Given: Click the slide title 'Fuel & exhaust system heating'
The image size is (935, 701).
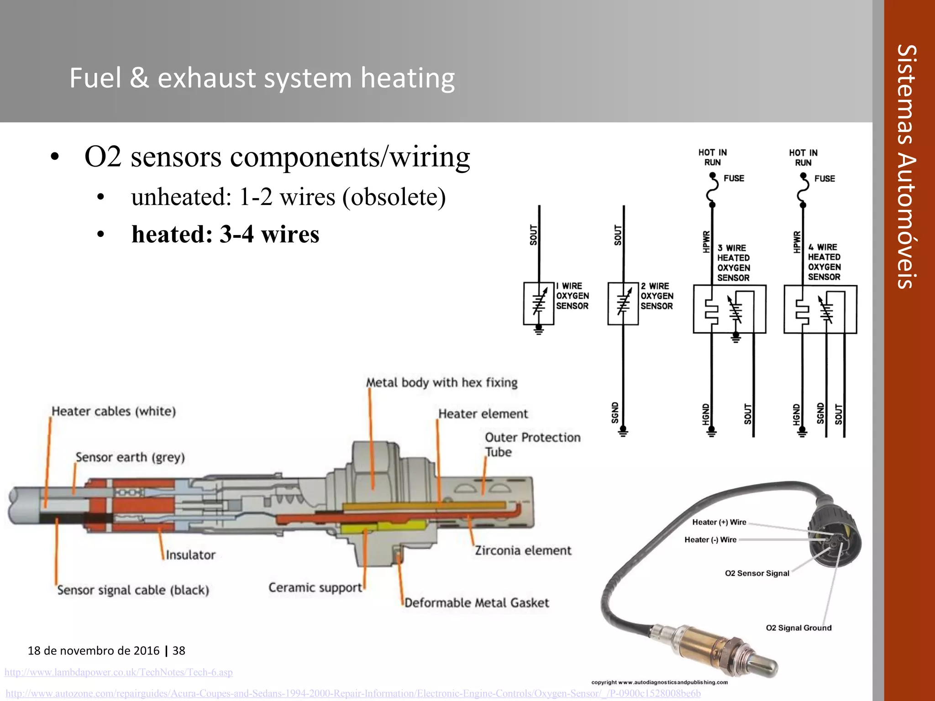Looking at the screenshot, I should point(262,78).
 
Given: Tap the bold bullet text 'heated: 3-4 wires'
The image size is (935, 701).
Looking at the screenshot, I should point(225,235).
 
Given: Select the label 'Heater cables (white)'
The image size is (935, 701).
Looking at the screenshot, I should point(114,411).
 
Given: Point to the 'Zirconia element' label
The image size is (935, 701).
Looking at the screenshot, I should point(523,550).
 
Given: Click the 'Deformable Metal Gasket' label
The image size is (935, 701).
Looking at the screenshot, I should point(477,603).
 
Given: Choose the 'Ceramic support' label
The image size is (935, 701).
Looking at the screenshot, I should point(315,587).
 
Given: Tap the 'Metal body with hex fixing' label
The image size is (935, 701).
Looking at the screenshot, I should point(441,382).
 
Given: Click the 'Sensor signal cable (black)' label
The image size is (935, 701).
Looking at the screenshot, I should point(133,590).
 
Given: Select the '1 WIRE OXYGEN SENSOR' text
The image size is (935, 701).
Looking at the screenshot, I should point(572,296).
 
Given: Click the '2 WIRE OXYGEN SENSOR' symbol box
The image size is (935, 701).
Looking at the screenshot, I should point(623,304).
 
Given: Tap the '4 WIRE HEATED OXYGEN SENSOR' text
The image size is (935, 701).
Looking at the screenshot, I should point(824,262).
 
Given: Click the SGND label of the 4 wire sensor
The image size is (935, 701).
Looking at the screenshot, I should point(820,413).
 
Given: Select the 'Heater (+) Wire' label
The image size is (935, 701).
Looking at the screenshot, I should point(719,522).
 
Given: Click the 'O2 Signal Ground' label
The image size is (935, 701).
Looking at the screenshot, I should point(798,628).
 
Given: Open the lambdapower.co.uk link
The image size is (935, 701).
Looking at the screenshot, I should point(119,672).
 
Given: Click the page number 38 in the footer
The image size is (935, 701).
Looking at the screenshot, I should point(179,651).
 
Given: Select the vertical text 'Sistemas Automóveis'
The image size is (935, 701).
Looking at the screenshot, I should point(906,167).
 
